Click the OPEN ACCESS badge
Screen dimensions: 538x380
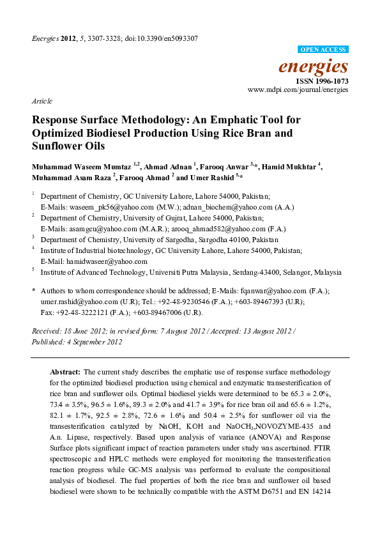point(323,49)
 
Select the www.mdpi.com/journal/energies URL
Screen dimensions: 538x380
point(298,91)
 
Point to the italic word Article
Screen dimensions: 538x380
point(41,102)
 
